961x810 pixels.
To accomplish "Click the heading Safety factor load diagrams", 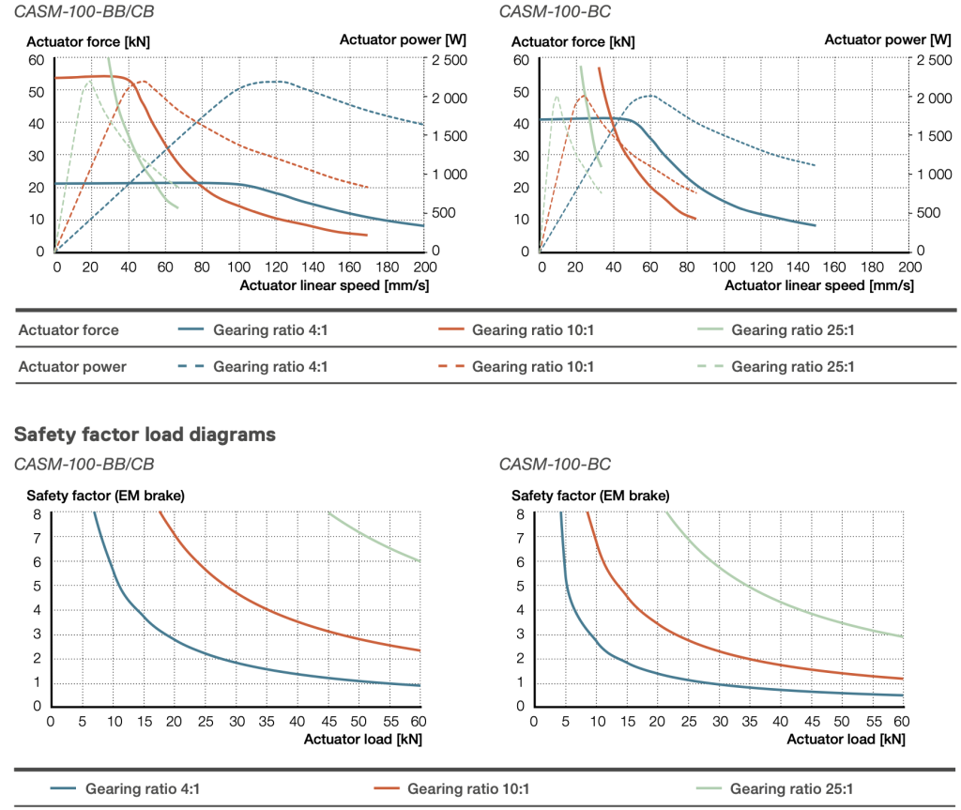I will [145, 435].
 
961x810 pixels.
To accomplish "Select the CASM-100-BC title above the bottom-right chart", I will [555, 464].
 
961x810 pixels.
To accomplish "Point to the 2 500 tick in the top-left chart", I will [449, 60].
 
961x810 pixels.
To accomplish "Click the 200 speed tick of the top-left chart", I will [423, 267].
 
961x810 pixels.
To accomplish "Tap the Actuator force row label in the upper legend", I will [69, 329].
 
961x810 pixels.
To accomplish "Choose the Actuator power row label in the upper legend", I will [71, 367].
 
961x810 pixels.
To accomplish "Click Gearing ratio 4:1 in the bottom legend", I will [142, 788].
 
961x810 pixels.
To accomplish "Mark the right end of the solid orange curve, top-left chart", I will [366, 235].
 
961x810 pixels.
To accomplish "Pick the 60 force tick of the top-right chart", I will [520, 60].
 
